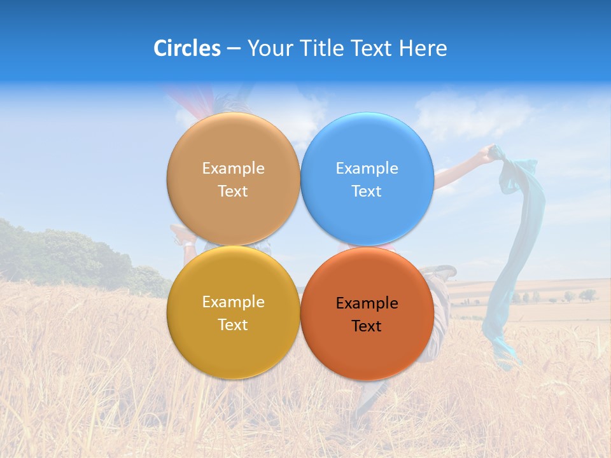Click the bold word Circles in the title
click(186, 48)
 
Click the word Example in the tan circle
click(233, 168)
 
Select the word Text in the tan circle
click(233, 191)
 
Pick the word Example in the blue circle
click(367, 168)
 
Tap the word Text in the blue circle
click(367, 191)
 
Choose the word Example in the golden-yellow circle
click(233, 302)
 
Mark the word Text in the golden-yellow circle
click(233, 324)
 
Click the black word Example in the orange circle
click(367, 303)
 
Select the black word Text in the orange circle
click(367, 326)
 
